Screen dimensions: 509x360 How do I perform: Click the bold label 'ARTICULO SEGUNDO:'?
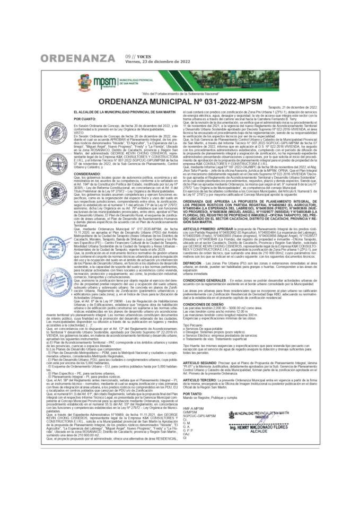(199, 362)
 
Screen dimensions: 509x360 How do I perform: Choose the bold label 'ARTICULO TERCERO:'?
(199, 381)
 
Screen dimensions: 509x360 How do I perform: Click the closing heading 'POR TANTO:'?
(192, 394)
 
